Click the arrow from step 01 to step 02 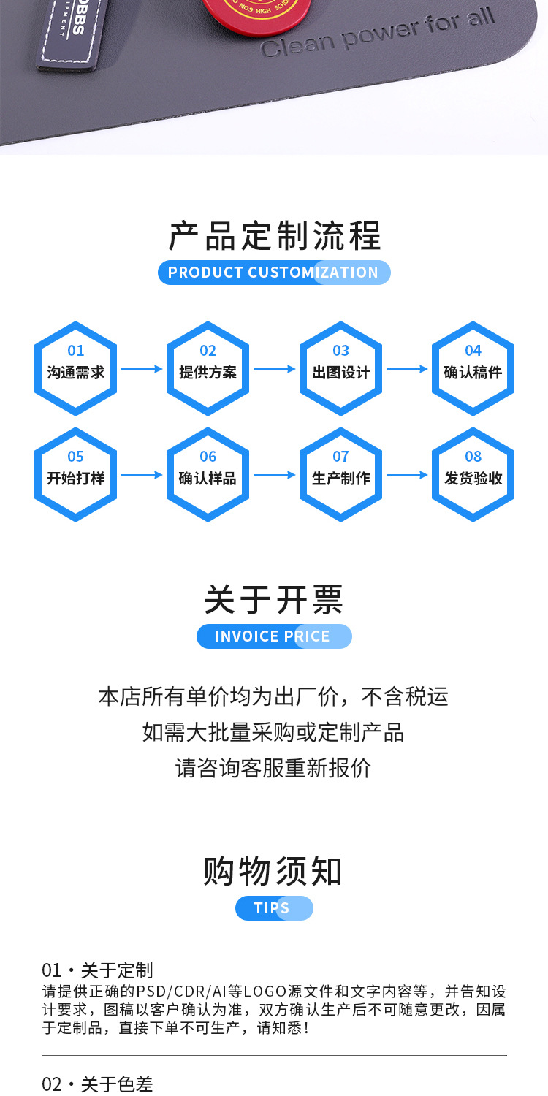[x=142, y=370]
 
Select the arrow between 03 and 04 [x=407, y=370]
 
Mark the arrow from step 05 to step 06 [x=142, y=475]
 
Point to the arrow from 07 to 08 [x=407, y=475]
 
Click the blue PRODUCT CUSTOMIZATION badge [x=274, y=273]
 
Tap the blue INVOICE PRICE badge [x=274, y=636]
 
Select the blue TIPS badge [x=274, y=908]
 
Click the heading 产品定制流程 [x=274, y=236]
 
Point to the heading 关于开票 [x=274, y=601]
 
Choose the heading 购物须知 [x=274, y=872]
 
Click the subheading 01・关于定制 [x=98, y=970]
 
